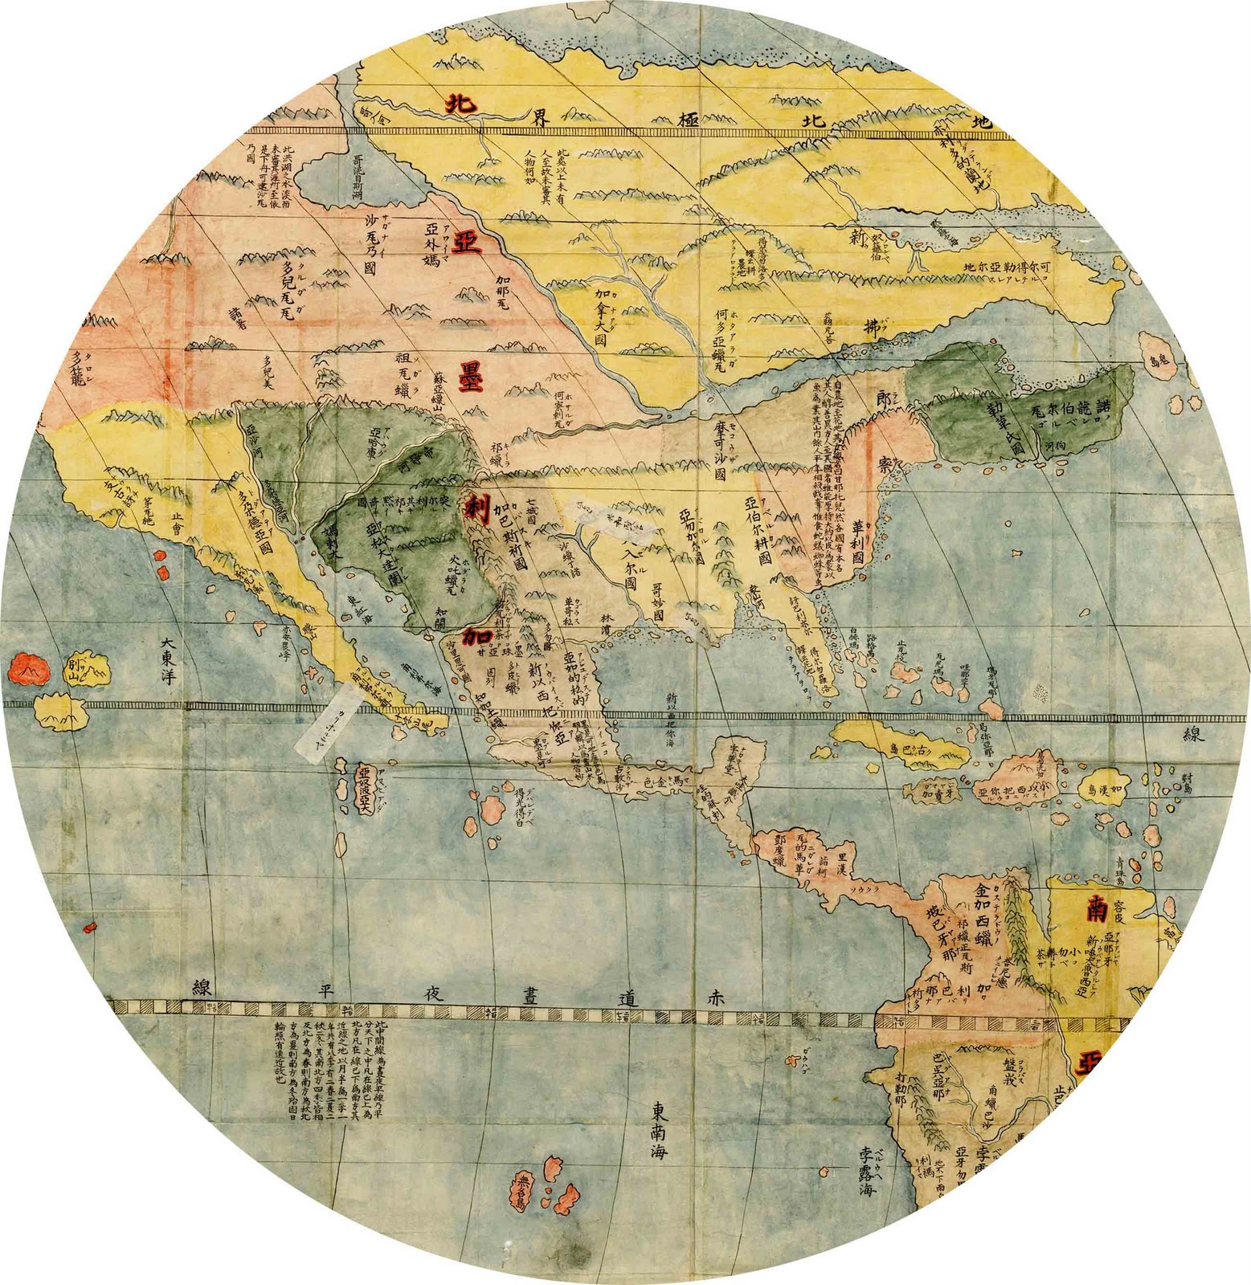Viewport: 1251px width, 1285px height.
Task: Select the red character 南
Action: (x=1098, y=910)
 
